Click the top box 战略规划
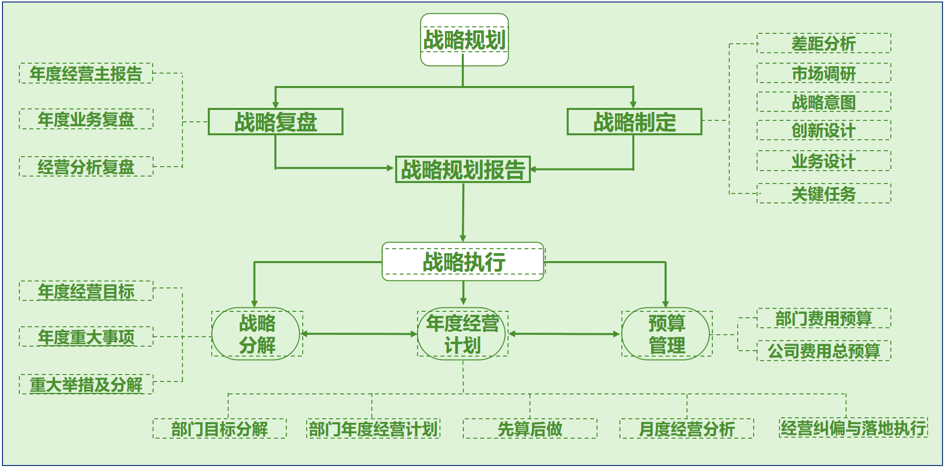point(464,40)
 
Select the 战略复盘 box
point(275,122)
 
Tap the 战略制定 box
point(634,122)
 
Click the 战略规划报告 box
point(463,170)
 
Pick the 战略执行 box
point(463,262)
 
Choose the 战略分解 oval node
point(257,334)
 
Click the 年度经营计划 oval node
point(462,334)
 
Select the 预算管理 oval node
point(666,334)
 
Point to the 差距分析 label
point(824,43)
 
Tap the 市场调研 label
point(824,73)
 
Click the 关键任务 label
point(824,193)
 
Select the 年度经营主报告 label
point(86,74)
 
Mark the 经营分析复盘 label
point(86,167)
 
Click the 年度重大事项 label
point(86,337)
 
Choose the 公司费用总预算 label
point(824,351)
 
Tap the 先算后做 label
point(530,429)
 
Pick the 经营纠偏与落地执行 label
point(854,428)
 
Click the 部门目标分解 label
point(220,429)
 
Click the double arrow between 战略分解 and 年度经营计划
point(359,334)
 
